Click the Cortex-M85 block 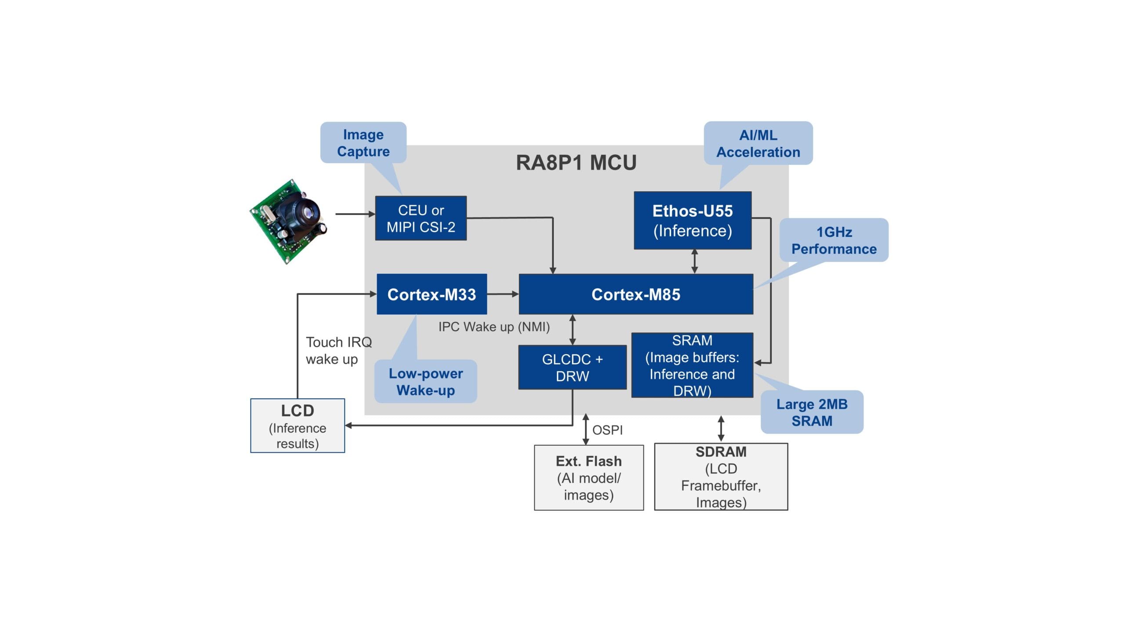635,294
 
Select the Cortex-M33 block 432,294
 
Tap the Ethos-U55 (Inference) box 693,220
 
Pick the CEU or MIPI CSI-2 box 421,218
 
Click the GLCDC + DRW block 572,367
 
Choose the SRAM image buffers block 692,365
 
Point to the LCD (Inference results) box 298,426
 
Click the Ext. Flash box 588,477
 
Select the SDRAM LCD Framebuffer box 721,477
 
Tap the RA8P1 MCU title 576,163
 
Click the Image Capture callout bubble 363,143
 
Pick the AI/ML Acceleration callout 758,143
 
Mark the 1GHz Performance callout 834,240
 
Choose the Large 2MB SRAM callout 812,412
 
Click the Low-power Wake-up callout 425,382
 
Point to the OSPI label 607,430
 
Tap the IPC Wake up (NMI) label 494,327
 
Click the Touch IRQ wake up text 338,350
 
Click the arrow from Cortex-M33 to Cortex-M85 502,294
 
